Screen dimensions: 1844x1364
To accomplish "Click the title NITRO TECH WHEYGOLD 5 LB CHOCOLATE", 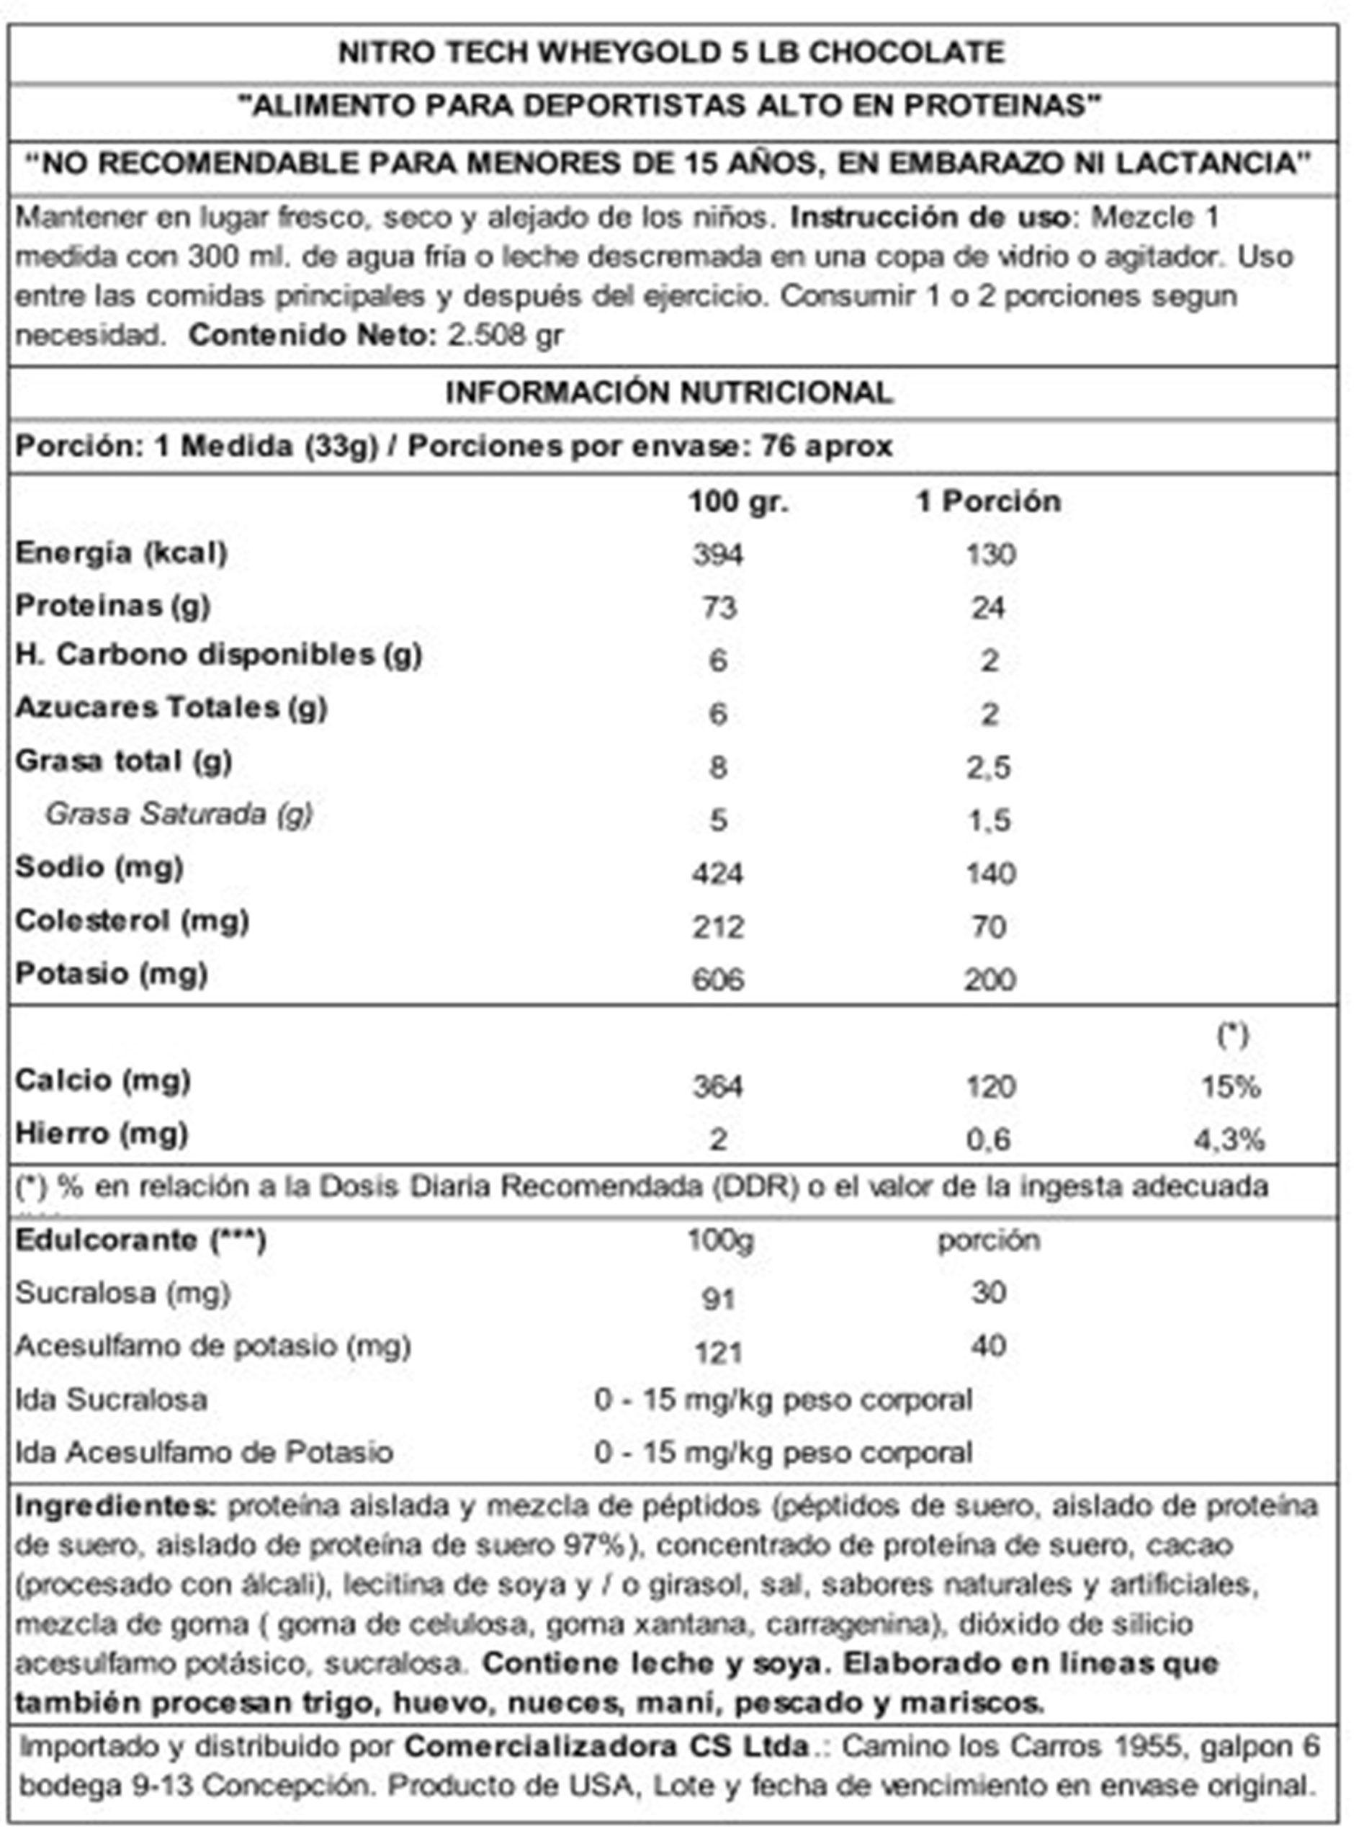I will pyautogui.click(x=670, y=53).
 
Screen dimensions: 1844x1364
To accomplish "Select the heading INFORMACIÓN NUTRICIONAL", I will pyautogui.click(x=669, y=393).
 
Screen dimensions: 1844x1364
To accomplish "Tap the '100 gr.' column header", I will pyautogui.click(x=738, y=501).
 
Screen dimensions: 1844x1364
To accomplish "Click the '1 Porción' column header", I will pyautogui.click(x=988, y=501).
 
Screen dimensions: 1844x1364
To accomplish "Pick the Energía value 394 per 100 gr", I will pyautogui.click(x=717, y=554).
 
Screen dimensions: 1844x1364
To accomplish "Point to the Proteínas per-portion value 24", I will pyautogui.click(x=988, y=608).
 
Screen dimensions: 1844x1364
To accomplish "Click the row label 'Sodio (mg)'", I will pyautogui.click(x=99, y=867).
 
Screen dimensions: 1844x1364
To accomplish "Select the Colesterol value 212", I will pyautogui.click(x=717, y=926).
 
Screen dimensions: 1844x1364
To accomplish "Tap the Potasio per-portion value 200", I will pyautogui.click(x=989, y=980).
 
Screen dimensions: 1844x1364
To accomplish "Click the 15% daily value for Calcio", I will pyautogui.click(x=1230, y=1087).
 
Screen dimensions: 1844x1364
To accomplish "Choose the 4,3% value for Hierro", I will pyautogui.click(x=1229, y=1140).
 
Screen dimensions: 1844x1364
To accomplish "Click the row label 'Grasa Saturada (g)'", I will pyautogui.click(x=179, y=814).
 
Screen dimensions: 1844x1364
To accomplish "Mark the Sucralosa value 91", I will pyautogui.click(x=717, y=1299).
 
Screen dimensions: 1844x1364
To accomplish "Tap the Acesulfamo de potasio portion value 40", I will pyautogui.click(x=988, y=1346).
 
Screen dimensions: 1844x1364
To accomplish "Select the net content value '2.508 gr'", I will pyautogui.click(x=506, y=335).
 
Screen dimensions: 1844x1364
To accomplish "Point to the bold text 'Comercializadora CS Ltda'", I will pyautogui.click(x=607, y=1747).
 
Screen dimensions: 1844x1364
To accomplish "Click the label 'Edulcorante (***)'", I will pyautogui.click(x=140, y=1240).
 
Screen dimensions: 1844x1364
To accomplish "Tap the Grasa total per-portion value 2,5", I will pyautogui.click(x=989, y=767).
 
